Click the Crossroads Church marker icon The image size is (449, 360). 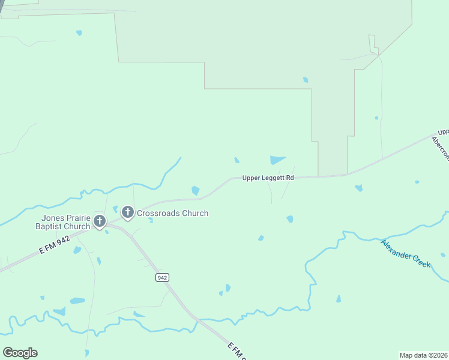[127, 212]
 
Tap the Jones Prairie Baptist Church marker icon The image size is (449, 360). [100, 221]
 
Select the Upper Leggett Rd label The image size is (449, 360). [268, 178]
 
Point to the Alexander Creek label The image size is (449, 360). [406, 254]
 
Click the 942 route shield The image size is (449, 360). [161, 277]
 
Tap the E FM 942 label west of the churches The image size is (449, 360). [55, 245]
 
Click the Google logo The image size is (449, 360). [20, 353]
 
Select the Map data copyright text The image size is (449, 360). [424, 355]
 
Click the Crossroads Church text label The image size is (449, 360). [173, 213]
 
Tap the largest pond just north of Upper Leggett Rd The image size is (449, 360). [277, 160]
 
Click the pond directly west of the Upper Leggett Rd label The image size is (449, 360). [195, 191]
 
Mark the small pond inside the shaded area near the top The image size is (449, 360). [306, 80]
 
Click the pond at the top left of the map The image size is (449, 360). [79, 33]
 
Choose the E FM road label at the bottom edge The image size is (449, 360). [238, 351]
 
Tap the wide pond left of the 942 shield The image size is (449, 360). [77, 301]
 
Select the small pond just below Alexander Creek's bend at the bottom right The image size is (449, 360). [339, 299]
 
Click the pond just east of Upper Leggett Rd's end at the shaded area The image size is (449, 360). [358, 188]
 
